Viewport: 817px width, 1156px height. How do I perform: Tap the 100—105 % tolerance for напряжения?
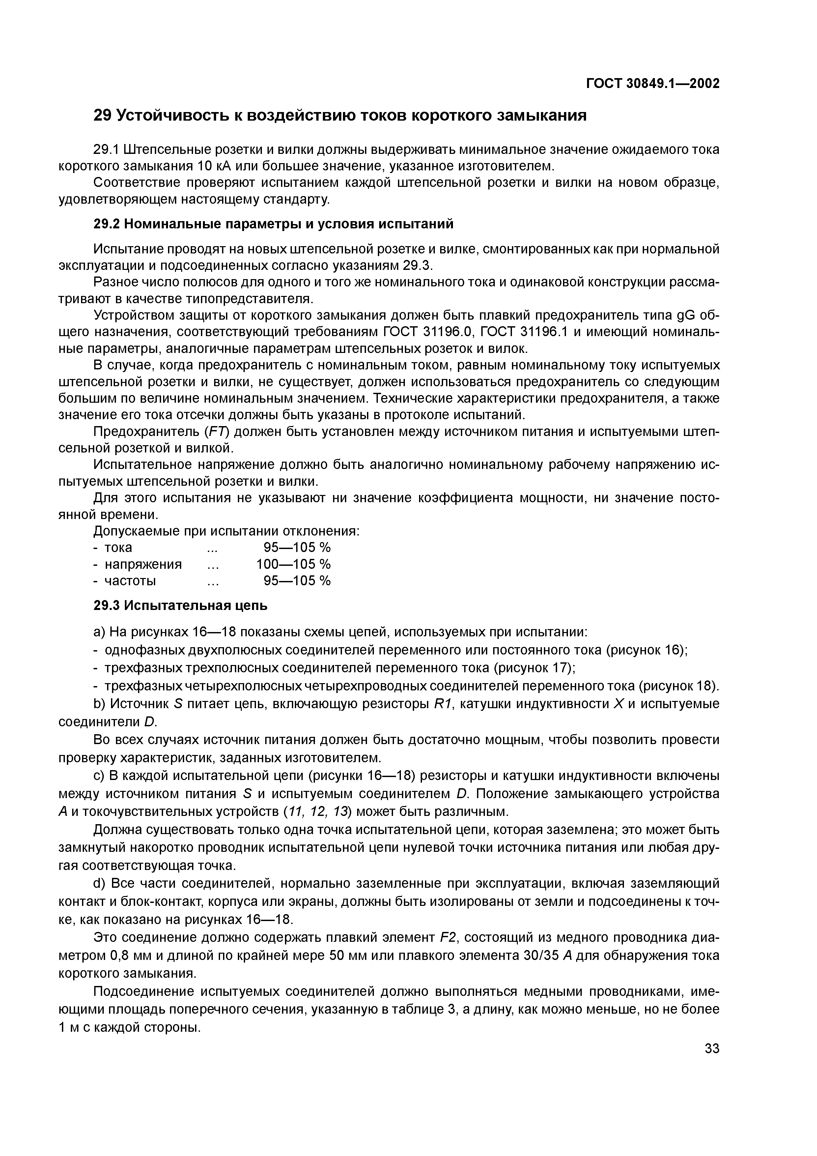point(294,564)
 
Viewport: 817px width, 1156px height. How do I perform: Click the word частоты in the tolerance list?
point(130,581)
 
